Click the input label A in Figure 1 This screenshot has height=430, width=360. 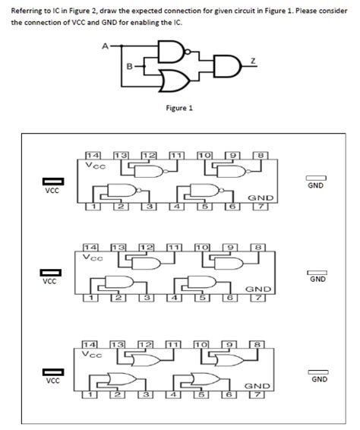click(x=104, y=45)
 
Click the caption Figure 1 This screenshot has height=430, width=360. click(x=179, y=108)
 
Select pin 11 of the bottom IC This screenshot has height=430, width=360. click(x=175, y=345)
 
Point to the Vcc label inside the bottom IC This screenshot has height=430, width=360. click(x=94, y=354)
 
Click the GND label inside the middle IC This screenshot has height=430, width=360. click(x=257, y=289)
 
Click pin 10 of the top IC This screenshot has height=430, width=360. click(x=203, y=154)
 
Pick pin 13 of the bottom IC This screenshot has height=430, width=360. click(x=118, y=345)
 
